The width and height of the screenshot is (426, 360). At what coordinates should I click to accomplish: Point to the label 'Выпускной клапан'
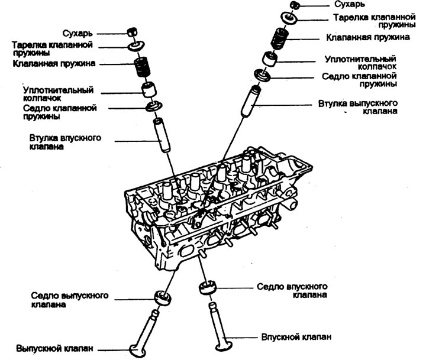pos(55,348)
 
